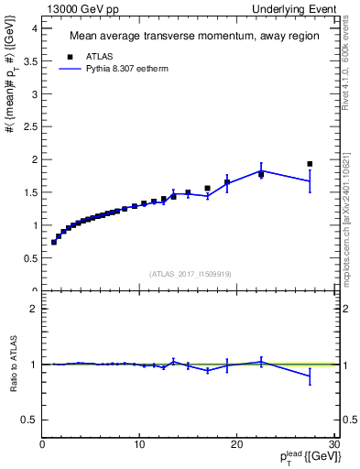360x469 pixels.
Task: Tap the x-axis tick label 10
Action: coord(139,445)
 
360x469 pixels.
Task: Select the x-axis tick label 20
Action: coord(236,445)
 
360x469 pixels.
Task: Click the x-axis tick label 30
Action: coord(333,445)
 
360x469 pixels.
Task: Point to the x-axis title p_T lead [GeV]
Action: coord(294,460)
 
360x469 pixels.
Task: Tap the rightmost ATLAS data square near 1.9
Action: coord(310,164)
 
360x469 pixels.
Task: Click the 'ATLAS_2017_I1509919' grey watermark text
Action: coord(189,273)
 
